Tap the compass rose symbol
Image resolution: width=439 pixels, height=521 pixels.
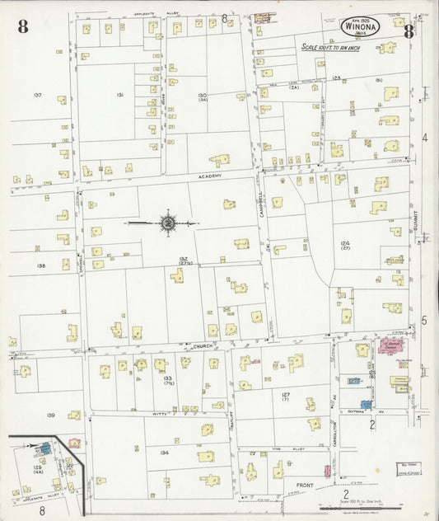click(167, 223)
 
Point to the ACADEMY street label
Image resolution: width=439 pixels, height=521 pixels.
click(209, 186)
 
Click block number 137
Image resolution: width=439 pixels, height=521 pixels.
click(37, 96)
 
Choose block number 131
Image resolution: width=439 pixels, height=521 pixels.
click(119, 96)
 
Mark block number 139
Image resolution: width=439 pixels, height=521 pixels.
click(50, 415)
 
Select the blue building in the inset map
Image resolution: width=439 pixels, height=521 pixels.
click(42, 448)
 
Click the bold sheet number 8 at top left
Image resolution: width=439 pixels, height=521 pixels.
click(22, 26)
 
